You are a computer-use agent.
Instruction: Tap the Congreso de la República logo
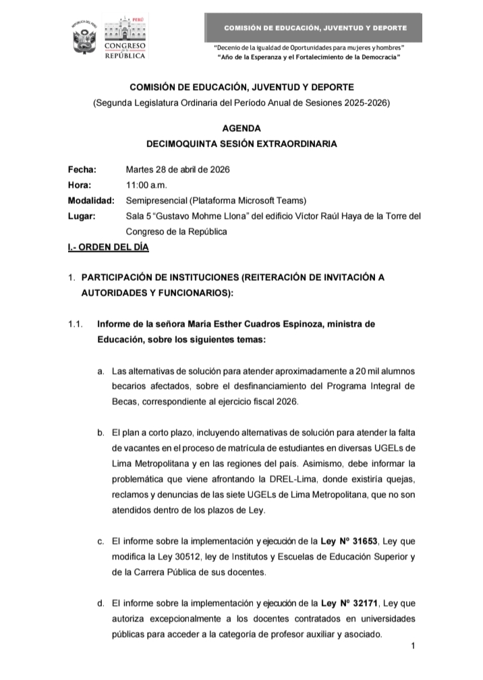click(123, 40)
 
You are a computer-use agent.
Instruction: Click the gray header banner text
click(315, 28)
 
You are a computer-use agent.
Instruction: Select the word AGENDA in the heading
click(241, 128)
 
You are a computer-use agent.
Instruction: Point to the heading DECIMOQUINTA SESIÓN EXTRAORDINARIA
click(241, 144)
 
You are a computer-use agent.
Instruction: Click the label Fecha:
click(82, 170)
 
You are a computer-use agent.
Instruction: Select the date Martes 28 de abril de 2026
click(178, 170)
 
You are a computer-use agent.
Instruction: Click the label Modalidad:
click(91, 200)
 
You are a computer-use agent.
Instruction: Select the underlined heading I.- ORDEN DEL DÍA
click(104, 248)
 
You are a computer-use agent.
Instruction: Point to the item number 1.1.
click(75, 324)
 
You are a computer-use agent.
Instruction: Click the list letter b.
click(101, 433)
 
